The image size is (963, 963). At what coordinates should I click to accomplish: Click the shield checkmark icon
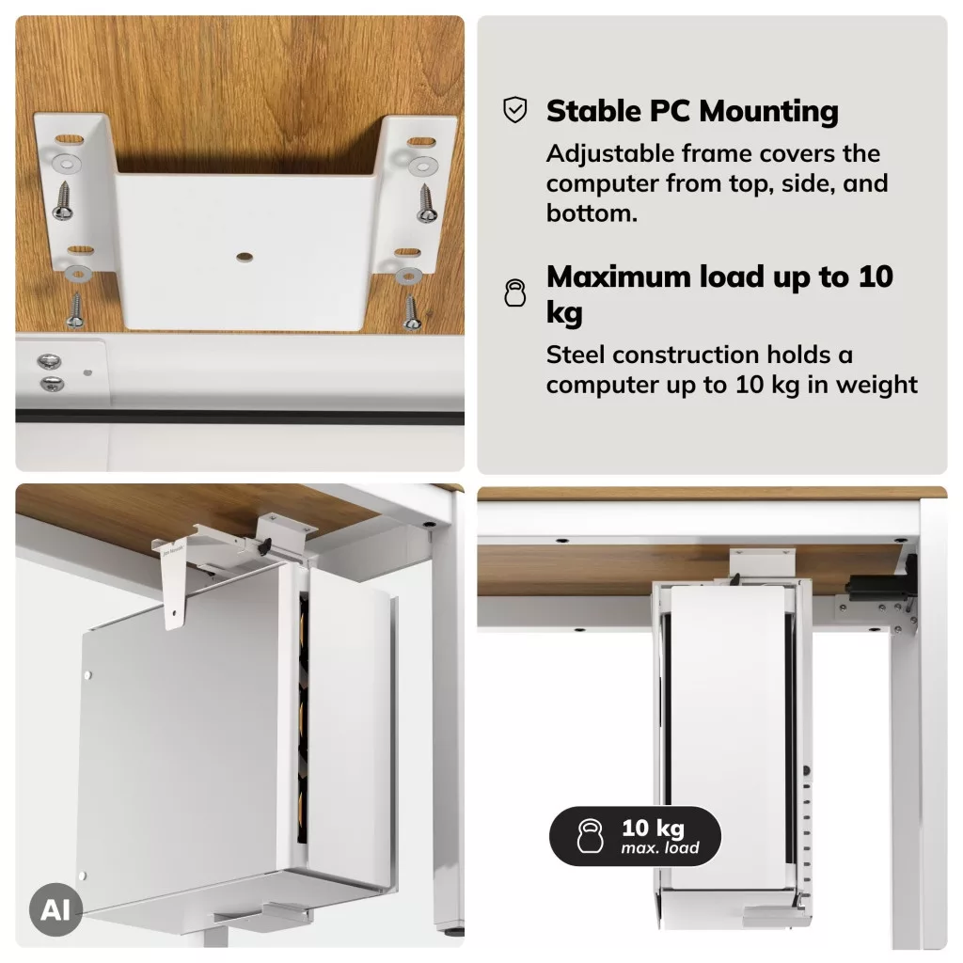coord(514,110)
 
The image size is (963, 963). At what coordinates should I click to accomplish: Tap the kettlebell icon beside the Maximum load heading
coord(514,292)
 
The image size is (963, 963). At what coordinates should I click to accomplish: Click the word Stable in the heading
coord(594,111)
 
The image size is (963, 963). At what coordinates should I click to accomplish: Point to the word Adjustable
coord(609,154)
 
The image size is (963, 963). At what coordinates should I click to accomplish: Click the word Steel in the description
coord(575,355)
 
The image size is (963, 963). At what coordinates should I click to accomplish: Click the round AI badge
coord(55,909)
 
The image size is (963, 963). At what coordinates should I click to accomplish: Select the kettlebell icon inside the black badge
coord(590,836)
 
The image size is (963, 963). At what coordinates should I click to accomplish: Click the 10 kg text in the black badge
coord(653,829)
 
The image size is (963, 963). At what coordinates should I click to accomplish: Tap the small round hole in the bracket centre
coord(245,257)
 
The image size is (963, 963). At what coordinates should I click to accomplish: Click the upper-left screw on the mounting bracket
coord(63,200)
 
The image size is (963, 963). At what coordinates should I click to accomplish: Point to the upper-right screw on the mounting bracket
coord(427,203)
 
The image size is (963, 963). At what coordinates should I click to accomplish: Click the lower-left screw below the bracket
coord(76,310)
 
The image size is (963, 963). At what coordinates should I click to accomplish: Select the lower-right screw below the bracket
coord(411,312)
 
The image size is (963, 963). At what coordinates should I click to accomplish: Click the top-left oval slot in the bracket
coord(69,139)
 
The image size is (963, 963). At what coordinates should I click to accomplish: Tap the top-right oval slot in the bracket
coord(420,143)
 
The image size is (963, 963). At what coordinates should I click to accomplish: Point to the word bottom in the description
coord(591,213)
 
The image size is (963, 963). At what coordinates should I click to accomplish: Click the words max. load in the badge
coord(659,848)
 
